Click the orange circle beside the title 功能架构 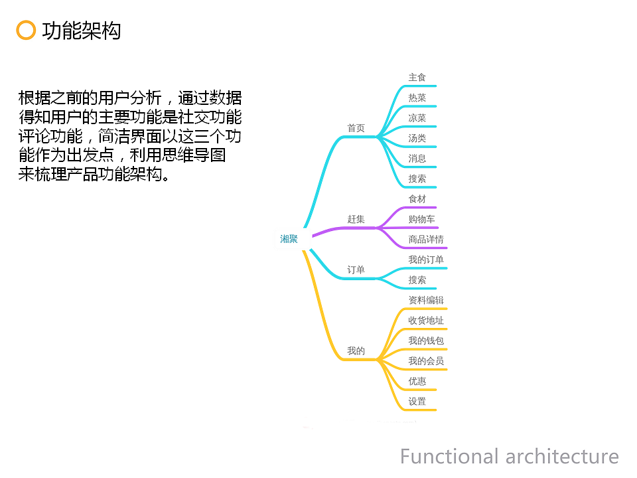tap(26, 31)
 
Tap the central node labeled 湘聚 tap(289, 239)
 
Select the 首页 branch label tap(356, 128)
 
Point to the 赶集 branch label tap(356, 219)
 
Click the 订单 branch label tap(356, 270)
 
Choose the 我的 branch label tap(356, 351)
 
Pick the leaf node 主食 tap(417, 77)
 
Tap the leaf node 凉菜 tap(417, 118)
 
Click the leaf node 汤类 tap(417, 138)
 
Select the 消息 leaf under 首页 tap(417, 159)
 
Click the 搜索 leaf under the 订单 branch tap(417, 279)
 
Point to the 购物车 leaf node tap(422, 219)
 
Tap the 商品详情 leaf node tap(426, 240)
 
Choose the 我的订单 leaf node tap(426, 260)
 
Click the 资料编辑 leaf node tap(426, 300)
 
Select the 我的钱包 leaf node tap(426, 341)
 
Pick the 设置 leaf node tap(417, 401)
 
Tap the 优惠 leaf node tap(417, 381)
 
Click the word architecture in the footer tap(562, 457)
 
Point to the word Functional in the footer tap(449, 456)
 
